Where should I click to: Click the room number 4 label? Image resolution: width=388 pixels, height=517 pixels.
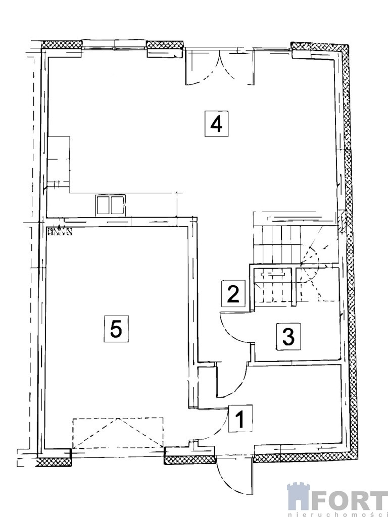[x=216, y=124]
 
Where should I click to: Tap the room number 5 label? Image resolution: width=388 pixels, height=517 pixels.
[x=116, y=328]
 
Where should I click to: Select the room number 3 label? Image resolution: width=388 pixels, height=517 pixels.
[x=288, y=336]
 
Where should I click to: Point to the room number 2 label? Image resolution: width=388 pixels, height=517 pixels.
[x=233, y=293]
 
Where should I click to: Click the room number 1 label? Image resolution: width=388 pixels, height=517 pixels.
[x=240, y=418]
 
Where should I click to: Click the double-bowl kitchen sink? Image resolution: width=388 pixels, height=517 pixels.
[x=111, y=205]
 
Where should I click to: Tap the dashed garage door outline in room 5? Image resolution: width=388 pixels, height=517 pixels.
[x=118, y=433]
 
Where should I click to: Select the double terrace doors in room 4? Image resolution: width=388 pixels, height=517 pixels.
[x=220, y=66]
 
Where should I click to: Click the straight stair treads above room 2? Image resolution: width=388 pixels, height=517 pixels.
[x=277, y=244]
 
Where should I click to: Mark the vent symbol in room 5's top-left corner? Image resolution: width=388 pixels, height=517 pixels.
[x=60, y=231]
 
